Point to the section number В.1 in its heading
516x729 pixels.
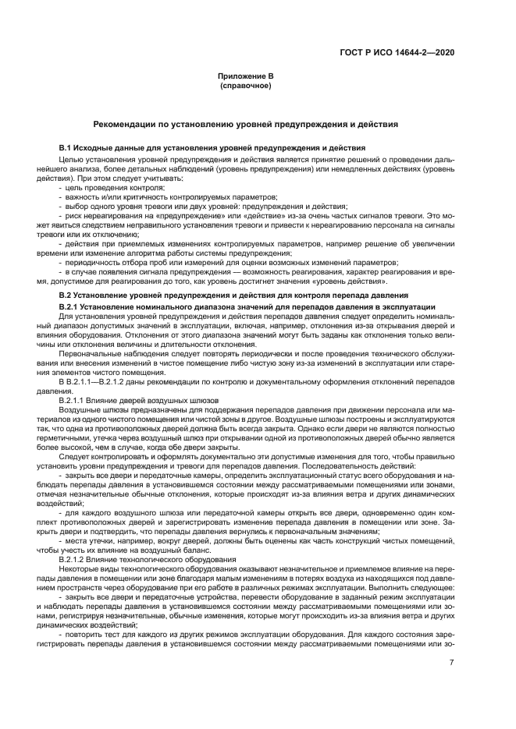coord(66,147)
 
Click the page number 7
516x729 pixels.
coord(451,663)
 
